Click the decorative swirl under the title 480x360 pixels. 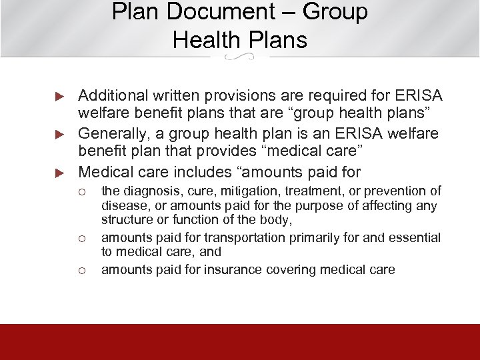click(x=240, y=59)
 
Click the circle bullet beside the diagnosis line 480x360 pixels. click(x=83, y=193)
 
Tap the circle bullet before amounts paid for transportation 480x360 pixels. click(x=83, y=238)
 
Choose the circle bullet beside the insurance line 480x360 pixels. click(x=83, y=270)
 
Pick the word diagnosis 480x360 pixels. click(x=145, y=192)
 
